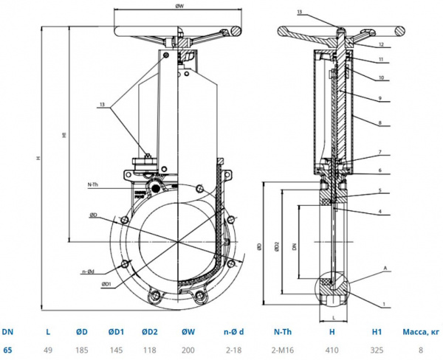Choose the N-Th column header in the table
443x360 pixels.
(x=284, y=331)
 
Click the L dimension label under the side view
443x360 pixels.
(x=333, y=318)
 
